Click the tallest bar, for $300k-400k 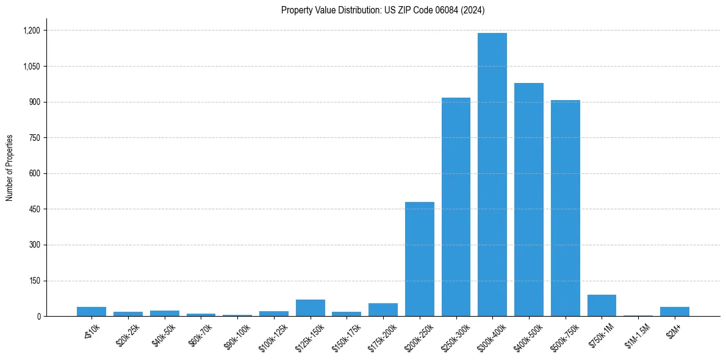[492, 175]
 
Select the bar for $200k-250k [419, 259]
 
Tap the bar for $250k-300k [456, 207]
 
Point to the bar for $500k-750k [565, 208]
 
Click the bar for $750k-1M [602, 306]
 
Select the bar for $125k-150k [310, 308]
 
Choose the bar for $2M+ [674, 312]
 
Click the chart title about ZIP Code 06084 [383, 10]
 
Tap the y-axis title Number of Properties [9, 168]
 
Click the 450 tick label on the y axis [34, 209]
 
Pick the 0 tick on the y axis [38, 317]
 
